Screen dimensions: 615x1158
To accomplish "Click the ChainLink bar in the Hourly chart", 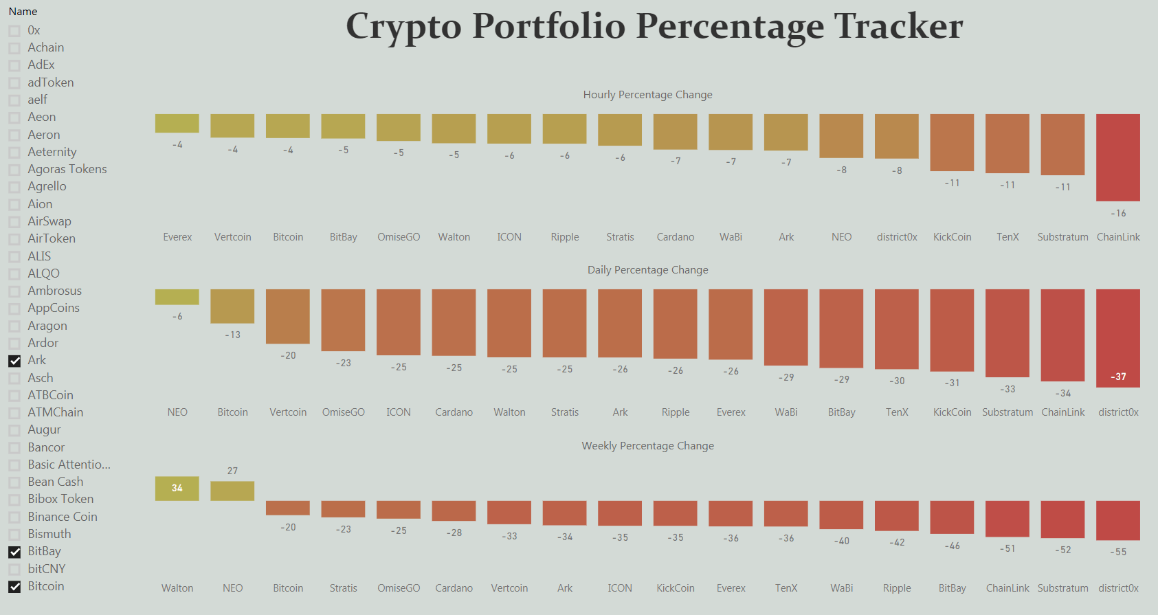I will tap(1117, 157).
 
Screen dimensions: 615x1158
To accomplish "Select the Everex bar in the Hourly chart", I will tap(177, 124).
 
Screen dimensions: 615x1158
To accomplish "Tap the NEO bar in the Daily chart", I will tap(177, 297).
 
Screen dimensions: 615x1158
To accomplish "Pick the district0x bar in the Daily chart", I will tap(1117, 337).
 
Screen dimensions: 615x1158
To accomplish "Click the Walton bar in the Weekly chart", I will tap(177, 489).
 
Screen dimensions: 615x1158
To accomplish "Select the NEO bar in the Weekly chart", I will tap(232, 491).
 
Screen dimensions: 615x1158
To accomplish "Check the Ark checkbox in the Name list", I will tap(14, 361).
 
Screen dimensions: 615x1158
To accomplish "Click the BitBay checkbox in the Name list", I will tap(14, 552).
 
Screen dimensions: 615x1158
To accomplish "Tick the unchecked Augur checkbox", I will tap(14, 430).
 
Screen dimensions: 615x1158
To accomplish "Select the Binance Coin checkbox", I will tap(14, 517).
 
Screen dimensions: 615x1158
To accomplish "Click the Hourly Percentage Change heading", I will tap(647, 95).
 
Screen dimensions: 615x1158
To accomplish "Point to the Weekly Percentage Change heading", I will tap(647, 446).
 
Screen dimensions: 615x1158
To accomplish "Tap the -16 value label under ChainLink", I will tap(1118, 214).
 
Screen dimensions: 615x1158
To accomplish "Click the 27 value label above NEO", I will tap(232, 471).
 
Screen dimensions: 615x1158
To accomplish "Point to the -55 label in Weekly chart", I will tap(1118, 552).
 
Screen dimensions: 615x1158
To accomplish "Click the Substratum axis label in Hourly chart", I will tap(1062, 237).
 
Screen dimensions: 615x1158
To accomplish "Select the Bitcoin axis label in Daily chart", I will tap(232, 412).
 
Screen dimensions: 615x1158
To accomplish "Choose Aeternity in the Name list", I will tap(52, 152).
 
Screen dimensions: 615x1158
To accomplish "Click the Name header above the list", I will tap(23, 12).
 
